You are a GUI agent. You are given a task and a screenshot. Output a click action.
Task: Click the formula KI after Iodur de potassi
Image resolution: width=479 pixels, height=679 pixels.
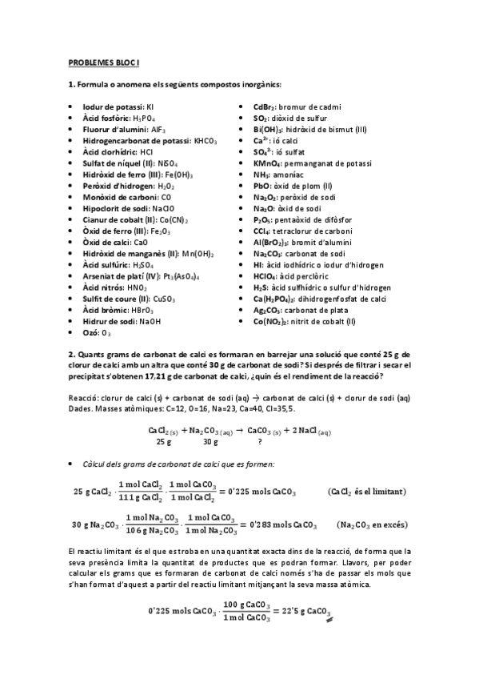pyautogui.click(x=151, y=106)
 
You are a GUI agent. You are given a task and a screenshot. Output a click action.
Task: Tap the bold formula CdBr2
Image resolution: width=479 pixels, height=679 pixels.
pyautogui.click(x=265, y=106)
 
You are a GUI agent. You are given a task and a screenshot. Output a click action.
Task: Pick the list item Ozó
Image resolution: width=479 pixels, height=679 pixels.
pyautogui.click(x=100, y=331)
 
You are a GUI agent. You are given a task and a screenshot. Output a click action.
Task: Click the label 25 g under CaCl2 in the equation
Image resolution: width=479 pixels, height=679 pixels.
pyautogui.click(x=165, y=441)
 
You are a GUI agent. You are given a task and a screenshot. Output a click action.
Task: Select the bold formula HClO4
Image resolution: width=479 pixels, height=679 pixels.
pyautogui.click(x=265, y=275)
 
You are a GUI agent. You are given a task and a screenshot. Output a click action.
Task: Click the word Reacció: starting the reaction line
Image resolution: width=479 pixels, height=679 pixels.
pyautogui.click(x=86, y=397)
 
